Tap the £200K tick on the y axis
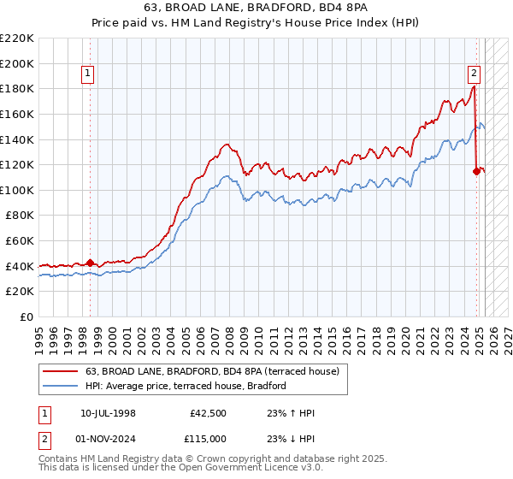[17, 63]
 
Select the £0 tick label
[27, 317]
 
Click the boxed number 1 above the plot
[89, 74]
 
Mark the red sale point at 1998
[90, 263]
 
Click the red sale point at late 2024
[477, 171]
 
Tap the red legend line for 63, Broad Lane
[60, 371]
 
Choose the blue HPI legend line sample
[60, 386]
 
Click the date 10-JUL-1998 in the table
[108, 413]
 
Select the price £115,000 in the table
[210, 437]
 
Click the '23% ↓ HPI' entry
[293, 437]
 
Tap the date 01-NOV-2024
[108, 437]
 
